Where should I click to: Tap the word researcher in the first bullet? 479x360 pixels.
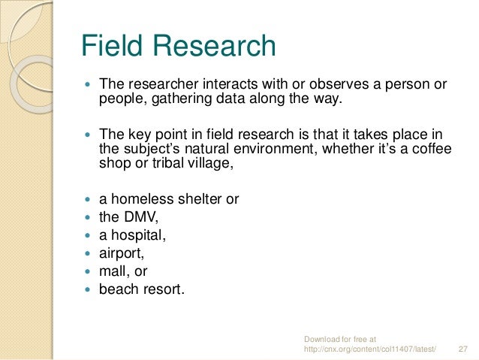[161, 84]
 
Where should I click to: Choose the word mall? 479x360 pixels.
[113, 271]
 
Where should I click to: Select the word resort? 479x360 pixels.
[162, 288]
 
